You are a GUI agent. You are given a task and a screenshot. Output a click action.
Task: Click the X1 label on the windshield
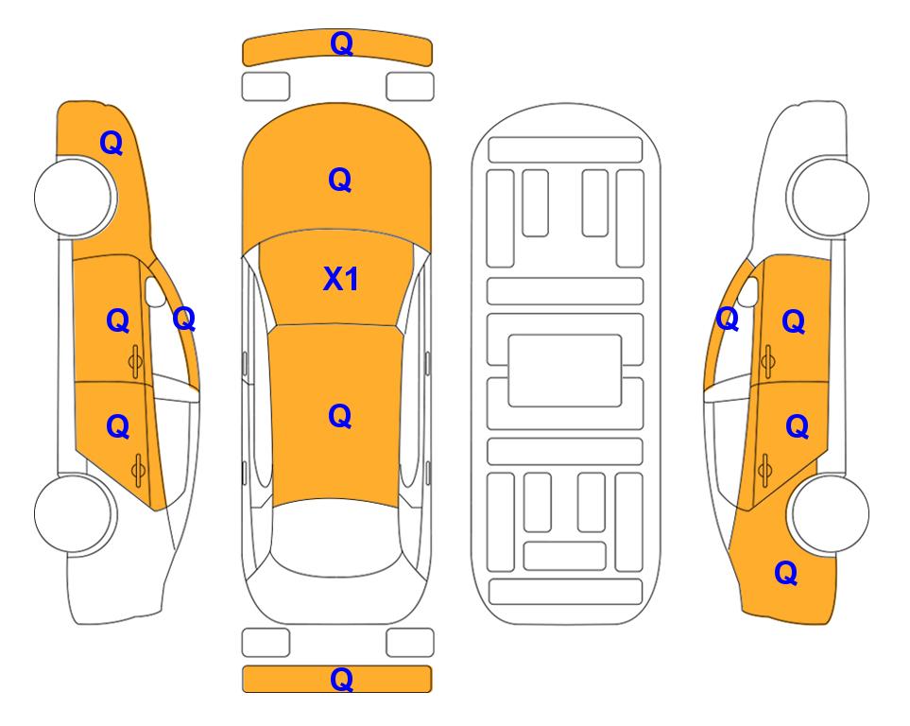[x=341, y=279]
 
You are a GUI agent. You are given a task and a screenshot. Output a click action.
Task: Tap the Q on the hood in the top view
[x=340, y=180]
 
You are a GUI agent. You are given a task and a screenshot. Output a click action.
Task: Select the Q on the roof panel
[x=340, y=416]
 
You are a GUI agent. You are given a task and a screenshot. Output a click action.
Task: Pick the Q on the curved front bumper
[x=341, y=43]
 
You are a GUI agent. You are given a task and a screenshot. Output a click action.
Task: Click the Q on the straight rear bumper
[x=341, y=679]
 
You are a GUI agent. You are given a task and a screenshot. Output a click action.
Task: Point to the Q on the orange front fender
[x=112, y=143]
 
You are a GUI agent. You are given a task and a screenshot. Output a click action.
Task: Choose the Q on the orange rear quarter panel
[x=786, y=573]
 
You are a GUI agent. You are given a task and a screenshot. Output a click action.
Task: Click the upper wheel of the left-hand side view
[x=73, y=197]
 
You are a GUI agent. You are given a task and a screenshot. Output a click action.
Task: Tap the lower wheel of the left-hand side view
[x=73, y=513]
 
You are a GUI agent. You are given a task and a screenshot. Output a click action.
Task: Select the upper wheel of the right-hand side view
[x=831, y=197]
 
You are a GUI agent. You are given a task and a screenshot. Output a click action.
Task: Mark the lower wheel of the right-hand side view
[x=831, y=513]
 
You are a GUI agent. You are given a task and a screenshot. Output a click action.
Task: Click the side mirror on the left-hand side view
[x=155, y=292]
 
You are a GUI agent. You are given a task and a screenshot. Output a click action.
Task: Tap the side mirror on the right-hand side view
[x=748, y=292]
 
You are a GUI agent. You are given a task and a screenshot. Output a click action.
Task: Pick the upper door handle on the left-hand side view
[x=136, y=361]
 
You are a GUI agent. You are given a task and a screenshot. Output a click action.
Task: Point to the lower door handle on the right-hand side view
[x=764, y=470]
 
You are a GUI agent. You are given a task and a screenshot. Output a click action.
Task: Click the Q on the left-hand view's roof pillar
[x=184, y=319]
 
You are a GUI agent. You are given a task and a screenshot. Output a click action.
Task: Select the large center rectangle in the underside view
[x=565, y=371]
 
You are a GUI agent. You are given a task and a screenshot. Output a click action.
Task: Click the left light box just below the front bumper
[x=266, y=87]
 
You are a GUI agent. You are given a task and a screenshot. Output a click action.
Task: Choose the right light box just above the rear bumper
[x=410, y=643]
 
